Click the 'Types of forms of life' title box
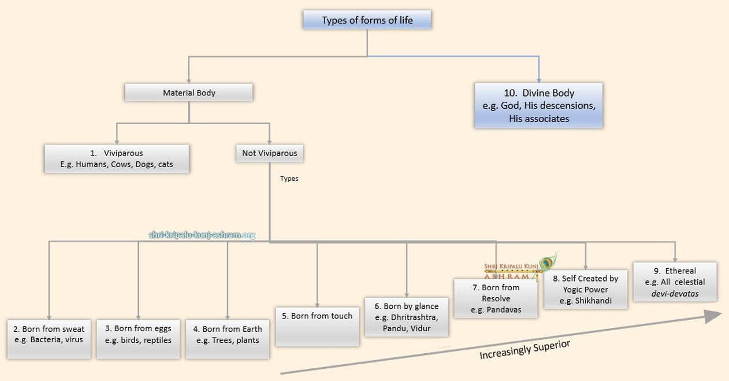click(x=367, y=21)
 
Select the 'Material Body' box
click(x=189, y=93)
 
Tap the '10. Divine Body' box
click(x=538, y=106)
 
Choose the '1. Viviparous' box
click(x=116, y=159)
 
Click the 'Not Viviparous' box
click(x=270, y=153)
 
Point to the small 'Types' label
click(x=289, y=179)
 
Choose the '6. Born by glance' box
click(x=407, y=317)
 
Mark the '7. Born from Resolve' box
click(x=496, y=298)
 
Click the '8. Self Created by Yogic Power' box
click(x=585, y=290)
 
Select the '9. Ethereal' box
click(x=675, y=282)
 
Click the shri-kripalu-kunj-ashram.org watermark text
click(x=202, y=235)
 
